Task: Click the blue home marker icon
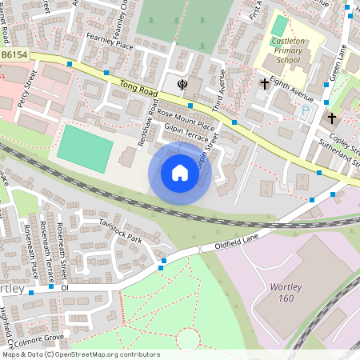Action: [180, 173]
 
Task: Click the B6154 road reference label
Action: [14, 54]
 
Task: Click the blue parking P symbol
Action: [303, 111]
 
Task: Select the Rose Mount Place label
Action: [186, 118]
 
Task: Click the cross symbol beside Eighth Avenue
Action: [265, 83]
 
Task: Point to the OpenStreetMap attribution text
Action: [81, 354]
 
